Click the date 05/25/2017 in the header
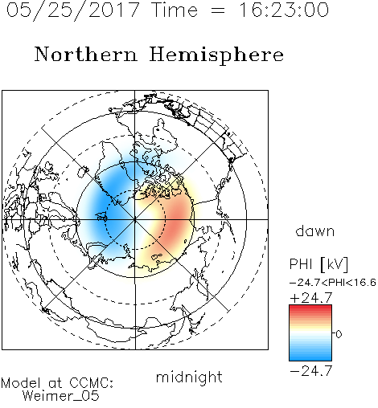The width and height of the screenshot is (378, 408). (x=73, y=10)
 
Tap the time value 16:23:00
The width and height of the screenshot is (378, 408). (x=284, y=10)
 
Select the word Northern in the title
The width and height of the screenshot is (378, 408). (x=86, y=54)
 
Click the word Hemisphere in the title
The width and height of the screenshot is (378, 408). (x=216, y=55)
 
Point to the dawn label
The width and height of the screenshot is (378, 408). (x=315, y=231)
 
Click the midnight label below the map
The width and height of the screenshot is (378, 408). (x=189, y=377)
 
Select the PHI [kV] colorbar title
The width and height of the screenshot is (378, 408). (x=318, y=264)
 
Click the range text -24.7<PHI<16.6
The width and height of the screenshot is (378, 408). (x=333, y=283)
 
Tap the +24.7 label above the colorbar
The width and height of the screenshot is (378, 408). (x=311, y=298)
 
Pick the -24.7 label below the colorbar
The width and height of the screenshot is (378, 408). (x=311, y=371)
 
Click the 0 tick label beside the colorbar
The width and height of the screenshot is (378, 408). (x=339, y=334)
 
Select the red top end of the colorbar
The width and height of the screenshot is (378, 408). (x=310, y=308)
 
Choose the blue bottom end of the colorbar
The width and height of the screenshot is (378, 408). (x=310, y=358)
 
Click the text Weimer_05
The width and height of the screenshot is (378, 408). (x=61, y=396)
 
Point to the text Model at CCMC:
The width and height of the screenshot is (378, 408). (x=57, y=383)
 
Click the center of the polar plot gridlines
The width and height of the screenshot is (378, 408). (x=135, y=219)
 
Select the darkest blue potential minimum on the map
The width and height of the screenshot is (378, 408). (x=103, y=206)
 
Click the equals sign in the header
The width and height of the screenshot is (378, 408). (x=218, y=10)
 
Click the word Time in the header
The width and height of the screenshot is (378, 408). (x=175, y=10)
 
